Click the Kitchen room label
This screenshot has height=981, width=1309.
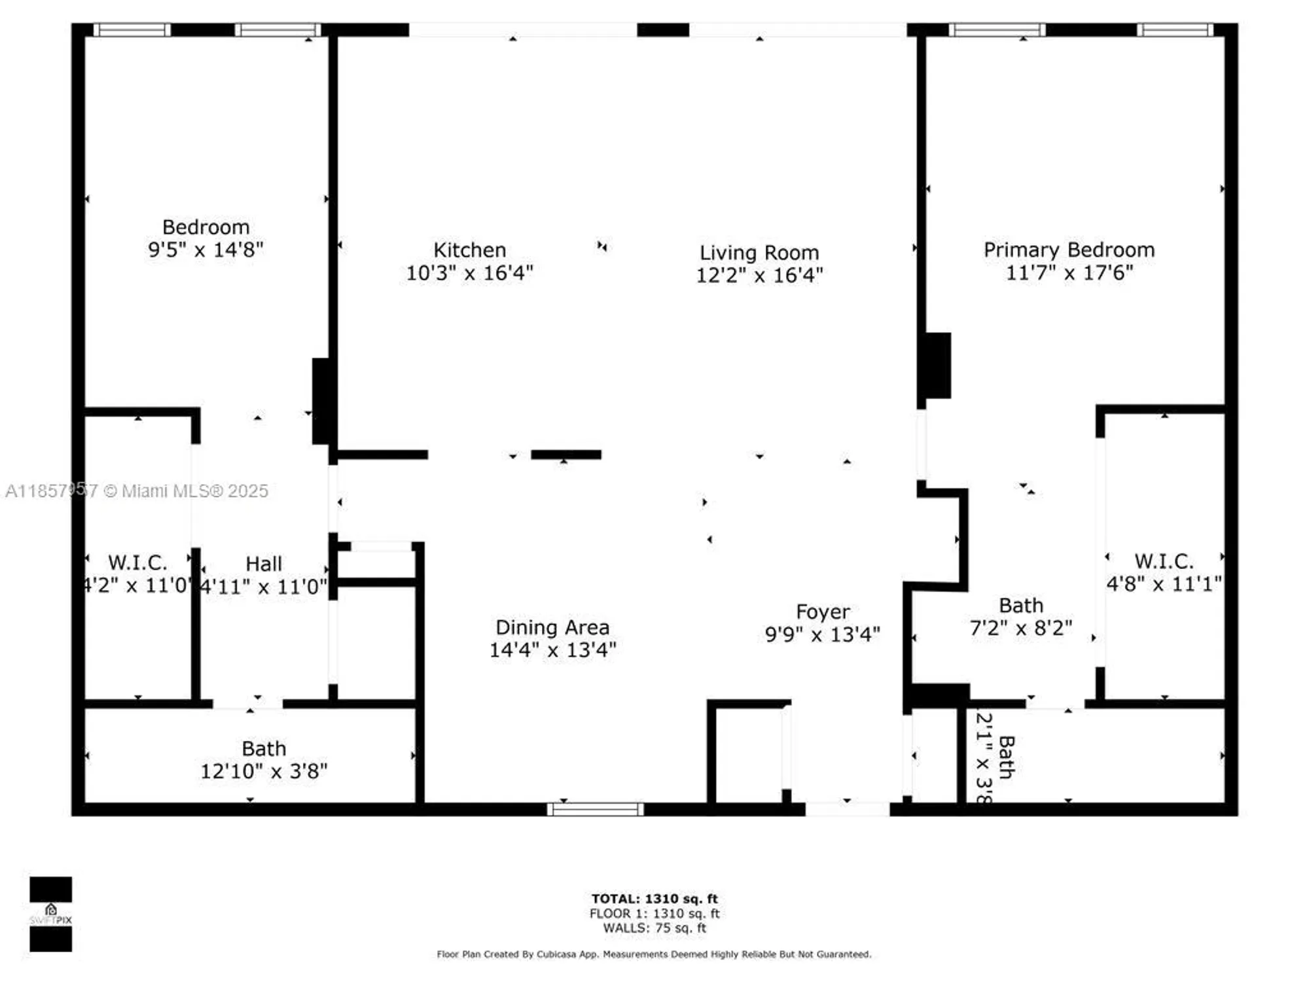(x=469, y=250)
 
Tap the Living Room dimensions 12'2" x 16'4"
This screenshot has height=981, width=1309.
(x=759, y=275)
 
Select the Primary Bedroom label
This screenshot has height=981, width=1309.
(x=1069, y=250)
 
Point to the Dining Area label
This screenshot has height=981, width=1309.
(x=552, y=627)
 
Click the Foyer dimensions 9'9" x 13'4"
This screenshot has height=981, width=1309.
(x=822, y=634)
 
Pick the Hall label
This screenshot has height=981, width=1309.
(x=263, y=564)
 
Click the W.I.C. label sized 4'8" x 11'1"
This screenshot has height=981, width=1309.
(x=1163, y=561)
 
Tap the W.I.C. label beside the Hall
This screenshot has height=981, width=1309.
(x=137, y=562)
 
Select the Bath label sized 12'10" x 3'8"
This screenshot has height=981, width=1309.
(x=264, y=748)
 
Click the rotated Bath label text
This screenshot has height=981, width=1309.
(x=1007, y=757)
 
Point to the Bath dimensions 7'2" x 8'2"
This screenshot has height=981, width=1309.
(x=1020, y=628)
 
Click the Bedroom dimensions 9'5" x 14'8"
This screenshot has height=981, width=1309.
(x=206, y=249)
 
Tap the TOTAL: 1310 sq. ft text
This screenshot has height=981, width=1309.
(x=654, y=899)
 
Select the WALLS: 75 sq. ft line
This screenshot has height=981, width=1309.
(x=654, y=928)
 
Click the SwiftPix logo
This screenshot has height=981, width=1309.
(x=50, y=914)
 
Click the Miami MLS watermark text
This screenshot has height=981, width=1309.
(x=137, y=491)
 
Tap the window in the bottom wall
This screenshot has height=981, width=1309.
(x=596, y=810)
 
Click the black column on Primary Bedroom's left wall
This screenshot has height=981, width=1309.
(x=937, y=365)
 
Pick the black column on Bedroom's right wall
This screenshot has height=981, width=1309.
(x=321, y=401)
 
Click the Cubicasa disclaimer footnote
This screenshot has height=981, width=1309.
(x=654, y=954)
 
